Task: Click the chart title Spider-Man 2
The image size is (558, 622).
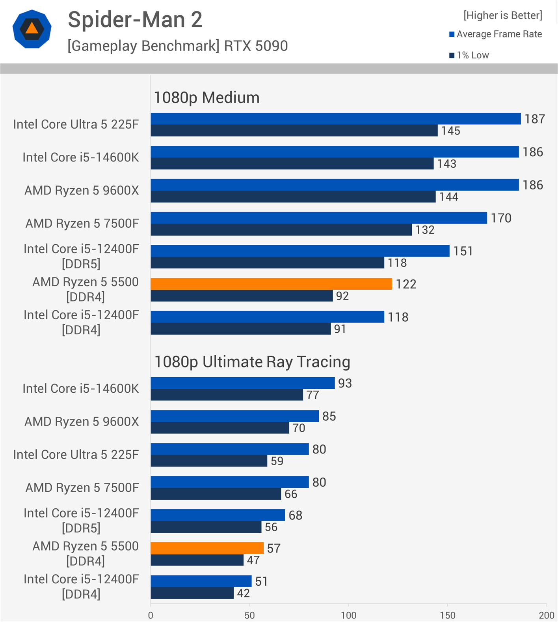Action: click(135, 20)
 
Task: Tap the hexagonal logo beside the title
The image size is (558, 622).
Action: click(32, 29)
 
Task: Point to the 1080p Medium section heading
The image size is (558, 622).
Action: click(206, 97)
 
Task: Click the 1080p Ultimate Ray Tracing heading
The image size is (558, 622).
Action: click(252, 362)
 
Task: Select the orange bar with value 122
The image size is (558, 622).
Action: click(271, 284)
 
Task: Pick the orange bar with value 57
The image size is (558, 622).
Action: click(207, 548)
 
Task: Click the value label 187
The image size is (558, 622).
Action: click(534, 119)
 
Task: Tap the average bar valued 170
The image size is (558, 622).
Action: click(319, 218)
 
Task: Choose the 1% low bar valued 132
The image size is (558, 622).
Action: click(281, 230)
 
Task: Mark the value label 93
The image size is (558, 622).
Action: click(345, 383)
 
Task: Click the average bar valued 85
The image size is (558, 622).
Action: click(234, 416)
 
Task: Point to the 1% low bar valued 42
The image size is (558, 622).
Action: click(192, 593)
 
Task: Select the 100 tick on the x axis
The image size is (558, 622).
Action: click(348, 615)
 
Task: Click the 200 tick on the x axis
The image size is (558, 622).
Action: click(547, 615)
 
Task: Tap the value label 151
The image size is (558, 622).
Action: click(463, 251)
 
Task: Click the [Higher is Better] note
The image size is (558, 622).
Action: click(502, 15)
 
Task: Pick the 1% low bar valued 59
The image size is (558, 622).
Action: click(209, 461)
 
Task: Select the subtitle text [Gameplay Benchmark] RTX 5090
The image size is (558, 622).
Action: click(178, 46)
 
